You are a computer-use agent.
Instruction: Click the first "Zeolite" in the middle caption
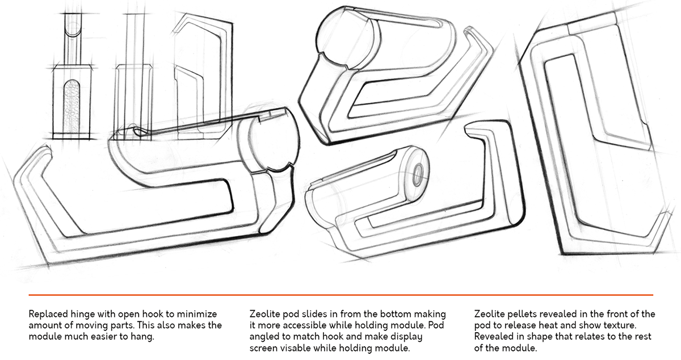point(266,314)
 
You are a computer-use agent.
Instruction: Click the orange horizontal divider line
point(340,295)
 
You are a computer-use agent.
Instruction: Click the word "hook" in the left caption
point(159,314)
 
